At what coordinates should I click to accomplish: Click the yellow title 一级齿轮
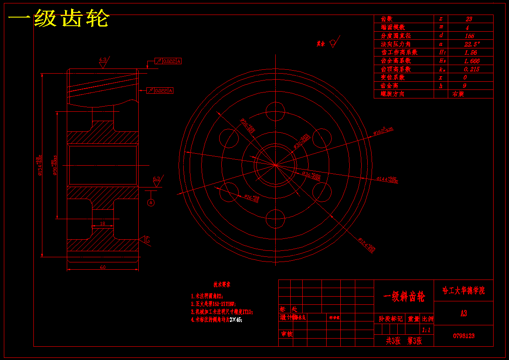59,19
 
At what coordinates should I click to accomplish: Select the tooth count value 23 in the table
469,19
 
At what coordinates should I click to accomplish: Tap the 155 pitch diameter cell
469,36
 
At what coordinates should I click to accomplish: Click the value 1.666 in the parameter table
471,61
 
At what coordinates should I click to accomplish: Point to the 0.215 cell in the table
471,69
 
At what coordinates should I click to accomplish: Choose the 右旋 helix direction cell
458,94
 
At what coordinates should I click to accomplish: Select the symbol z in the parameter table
441,19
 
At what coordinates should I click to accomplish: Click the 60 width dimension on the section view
103,267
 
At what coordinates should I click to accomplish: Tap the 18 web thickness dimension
102,223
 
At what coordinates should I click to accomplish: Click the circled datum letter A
151,203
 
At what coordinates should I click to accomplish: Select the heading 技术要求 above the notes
222,284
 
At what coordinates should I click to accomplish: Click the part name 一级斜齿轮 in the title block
404,297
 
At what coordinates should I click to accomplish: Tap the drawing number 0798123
464,336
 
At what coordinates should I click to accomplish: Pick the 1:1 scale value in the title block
426,330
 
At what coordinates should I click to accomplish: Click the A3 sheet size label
464,314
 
